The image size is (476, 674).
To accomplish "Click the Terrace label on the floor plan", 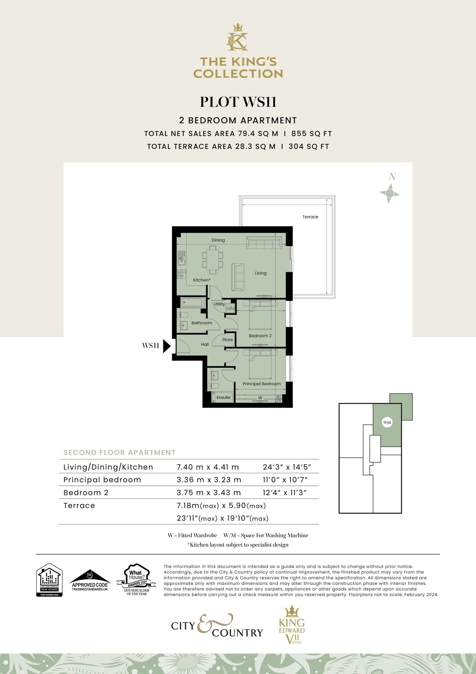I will point(310,217).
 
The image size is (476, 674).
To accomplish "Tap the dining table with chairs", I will point(212,259).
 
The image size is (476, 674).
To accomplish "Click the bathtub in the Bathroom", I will point(192,302).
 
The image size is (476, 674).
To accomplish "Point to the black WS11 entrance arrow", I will point(167,346).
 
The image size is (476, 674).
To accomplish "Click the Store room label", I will point(227,340).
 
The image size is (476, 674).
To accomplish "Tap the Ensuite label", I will point(223,397).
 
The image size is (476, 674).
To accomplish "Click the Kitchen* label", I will point(202,280).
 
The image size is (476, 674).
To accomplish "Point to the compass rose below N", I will point(389,193).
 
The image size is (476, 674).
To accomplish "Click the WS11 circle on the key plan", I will point(387,422).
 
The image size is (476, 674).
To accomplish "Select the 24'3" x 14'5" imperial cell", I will point(287,467).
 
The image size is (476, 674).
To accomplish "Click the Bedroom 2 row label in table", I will point(86,493).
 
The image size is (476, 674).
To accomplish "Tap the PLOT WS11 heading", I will point(238,102).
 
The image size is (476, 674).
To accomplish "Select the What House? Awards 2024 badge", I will point(137,580).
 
